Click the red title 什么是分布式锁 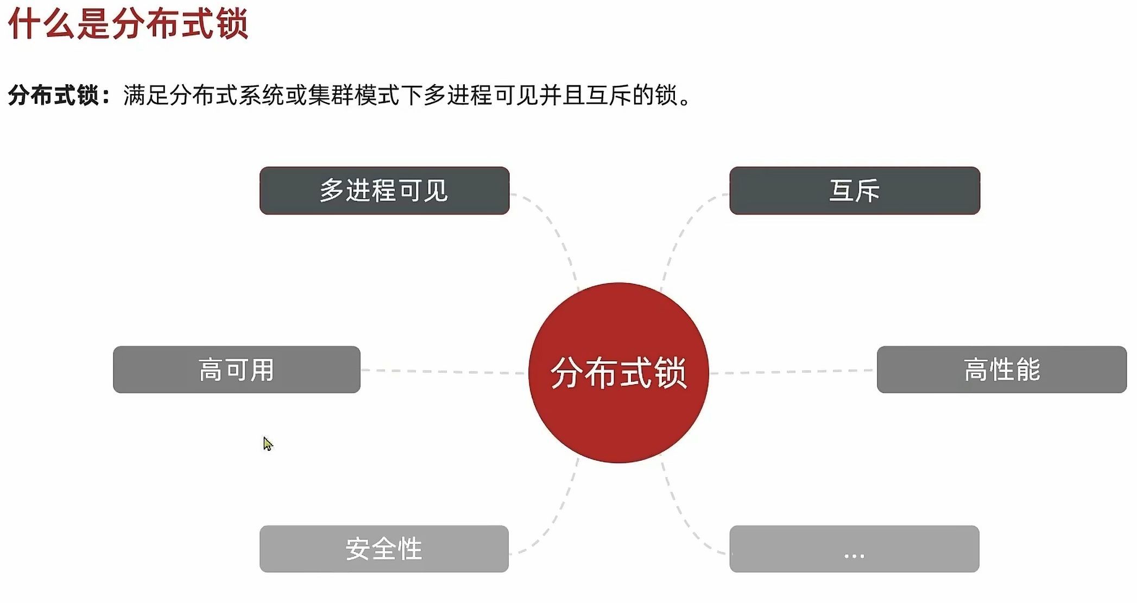coord(128,24)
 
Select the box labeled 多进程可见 coord(384,191)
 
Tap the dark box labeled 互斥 coord(854,191)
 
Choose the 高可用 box coord(236,369)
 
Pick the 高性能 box coord(1001,369)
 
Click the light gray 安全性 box coord(384,549)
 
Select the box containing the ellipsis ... coord(854,549)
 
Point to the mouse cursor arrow coord(267,443)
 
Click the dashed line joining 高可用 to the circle coord(443,372)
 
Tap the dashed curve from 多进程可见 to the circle coord(557,234)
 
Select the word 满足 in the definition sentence coord(146,96)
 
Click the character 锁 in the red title coord(233,24)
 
